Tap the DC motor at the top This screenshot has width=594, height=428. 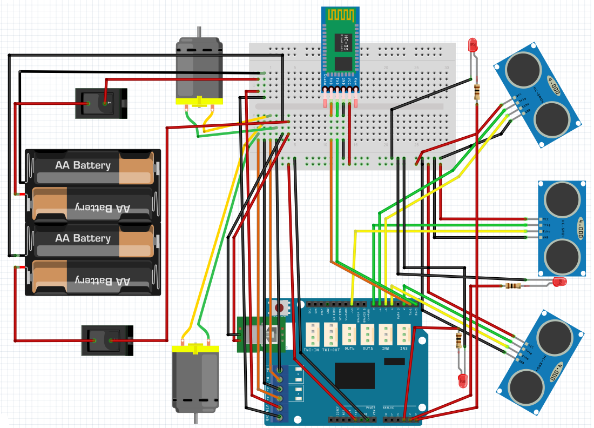[x=199, y=70]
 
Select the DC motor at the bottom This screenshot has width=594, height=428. [x=195, y=378]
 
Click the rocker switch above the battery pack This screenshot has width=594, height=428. [x=100, y=103]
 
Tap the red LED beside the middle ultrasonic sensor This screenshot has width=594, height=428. [x=559, y=282]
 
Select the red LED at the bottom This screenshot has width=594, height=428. [x=462, y=380]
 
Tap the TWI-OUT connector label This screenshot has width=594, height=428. [x=332, y=350]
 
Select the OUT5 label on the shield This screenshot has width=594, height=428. [x=367, y=349]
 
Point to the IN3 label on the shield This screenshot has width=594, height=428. [x=403, y=349]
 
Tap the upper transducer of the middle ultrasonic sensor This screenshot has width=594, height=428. [x=562, y=199]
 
